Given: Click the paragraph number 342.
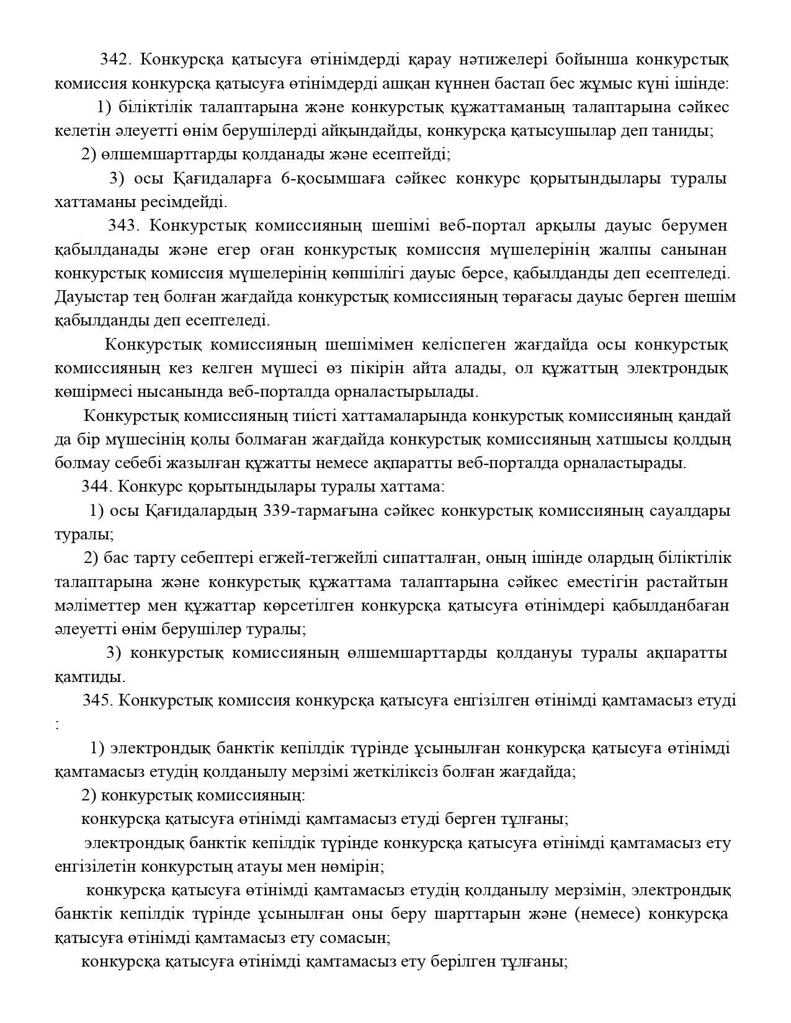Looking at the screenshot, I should point(114,60).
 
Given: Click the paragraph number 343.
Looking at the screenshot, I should point(123,226).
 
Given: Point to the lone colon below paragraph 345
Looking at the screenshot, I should point(58,724).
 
